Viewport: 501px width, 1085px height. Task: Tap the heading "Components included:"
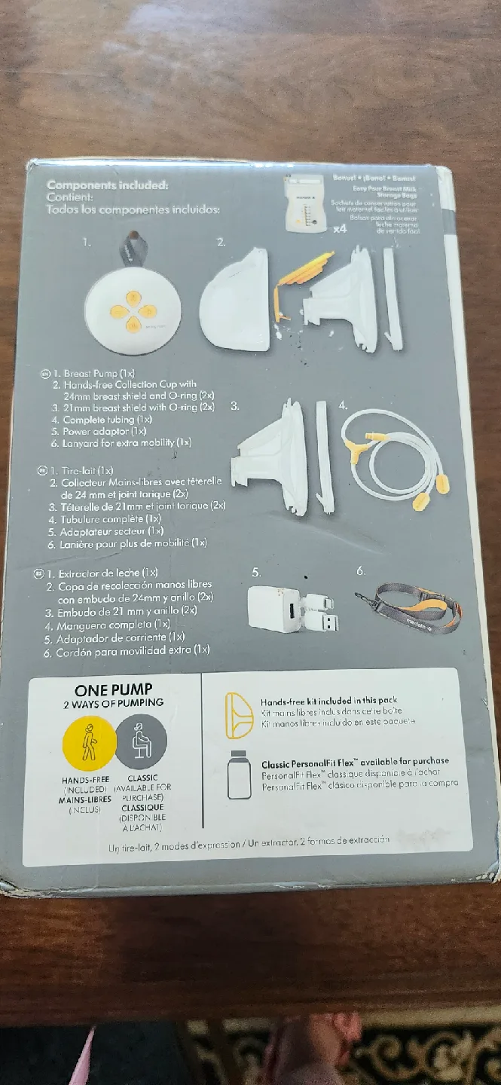click(x=107, y=185)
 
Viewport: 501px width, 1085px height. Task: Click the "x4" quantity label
click(x=340, y=229)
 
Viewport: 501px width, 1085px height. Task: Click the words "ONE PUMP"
click(x=114, y=689)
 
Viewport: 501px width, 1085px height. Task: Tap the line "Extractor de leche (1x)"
click(x=104, y=573)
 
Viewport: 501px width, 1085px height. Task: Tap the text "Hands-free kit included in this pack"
click(x=328, y=701)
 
